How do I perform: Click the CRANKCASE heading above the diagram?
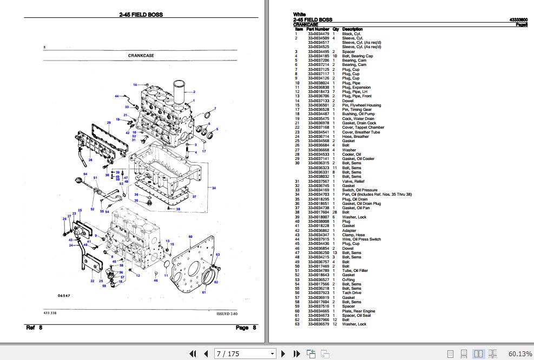[139, 55]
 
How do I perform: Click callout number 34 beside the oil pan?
[214, 188]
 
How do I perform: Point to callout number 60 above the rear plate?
[190, 237]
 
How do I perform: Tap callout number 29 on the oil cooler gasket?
[109, 123]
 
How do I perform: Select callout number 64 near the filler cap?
[85, 174]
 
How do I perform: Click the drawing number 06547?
[64, 296]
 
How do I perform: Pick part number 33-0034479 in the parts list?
[319, 34]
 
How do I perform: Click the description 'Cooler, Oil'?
[352, 155]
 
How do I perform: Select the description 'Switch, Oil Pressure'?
[360, 190]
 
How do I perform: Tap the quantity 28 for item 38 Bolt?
[335, 212]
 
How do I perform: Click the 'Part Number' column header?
[318, 29]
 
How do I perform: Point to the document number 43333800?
[518, 19]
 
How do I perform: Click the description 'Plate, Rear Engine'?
[359, 311]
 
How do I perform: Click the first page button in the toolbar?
[193, 354]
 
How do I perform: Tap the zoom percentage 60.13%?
[520, 354]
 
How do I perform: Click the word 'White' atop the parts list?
[299, 15]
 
